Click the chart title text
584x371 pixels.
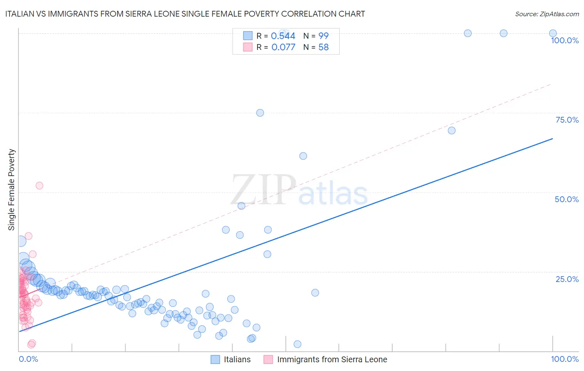point(185,14)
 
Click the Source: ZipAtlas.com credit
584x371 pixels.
point(547,14)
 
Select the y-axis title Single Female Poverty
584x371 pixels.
point(12,190)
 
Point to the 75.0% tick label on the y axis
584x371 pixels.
point(567,120)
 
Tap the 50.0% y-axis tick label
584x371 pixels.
point(567,199)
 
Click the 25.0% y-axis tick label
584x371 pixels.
point(567,279)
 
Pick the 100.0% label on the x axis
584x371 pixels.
point(564,359)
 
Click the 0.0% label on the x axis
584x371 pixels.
point(28,359)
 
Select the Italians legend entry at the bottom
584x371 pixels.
point(231,359)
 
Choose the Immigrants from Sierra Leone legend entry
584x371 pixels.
point(326,359)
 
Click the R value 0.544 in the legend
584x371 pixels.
point(283,36)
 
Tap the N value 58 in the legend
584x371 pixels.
point(324,47)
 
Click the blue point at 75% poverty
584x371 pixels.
point(260,113)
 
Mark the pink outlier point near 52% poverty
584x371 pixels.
point(39,185)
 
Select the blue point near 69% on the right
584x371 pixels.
point(451,131)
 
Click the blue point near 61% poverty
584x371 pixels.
point(303,156)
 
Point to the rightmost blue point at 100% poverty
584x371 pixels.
point(553,33)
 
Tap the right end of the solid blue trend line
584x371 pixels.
point(552,139)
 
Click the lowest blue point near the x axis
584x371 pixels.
point(297,344)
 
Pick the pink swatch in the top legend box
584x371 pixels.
point(248,47)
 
